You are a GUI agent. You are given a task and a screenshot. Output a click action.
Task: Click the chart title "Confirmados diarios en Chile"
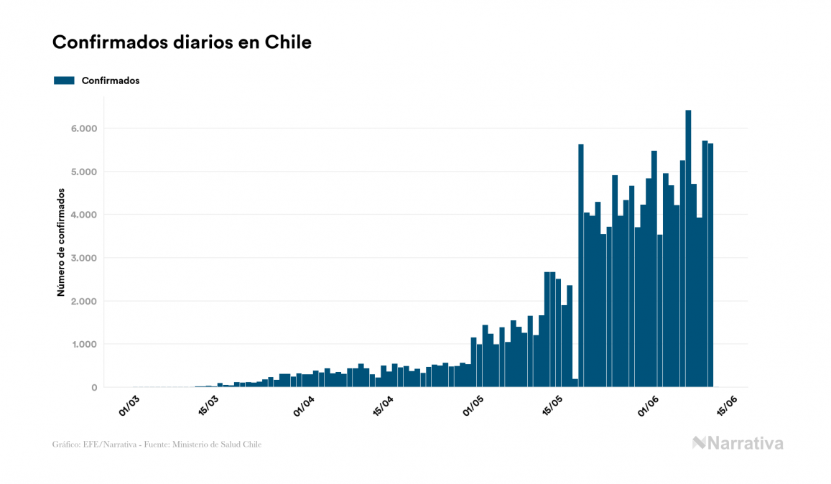pos(182,43)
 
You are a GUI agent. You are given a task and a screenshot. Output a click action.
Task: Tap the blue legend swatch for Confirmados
pos(64,80)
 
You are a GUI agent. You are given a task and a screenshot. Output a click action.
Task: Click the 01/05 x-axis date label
pos(473,405)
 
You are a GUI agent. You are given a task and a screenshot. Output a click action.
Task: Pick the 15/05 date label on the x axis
pos(553,405)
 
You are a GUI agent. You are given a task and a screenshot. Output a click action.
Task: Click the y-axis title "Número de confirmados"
pos(62,243)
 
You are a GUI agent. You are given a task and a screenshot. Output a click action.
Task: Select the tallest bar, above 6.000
pos(688,244)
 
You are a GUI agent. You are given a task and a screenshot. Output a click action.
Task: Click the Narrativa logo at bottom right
pos(738,443)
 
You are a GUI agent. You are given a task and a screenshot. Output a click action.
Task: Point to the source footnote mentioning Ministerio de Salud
pos(157,445)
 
